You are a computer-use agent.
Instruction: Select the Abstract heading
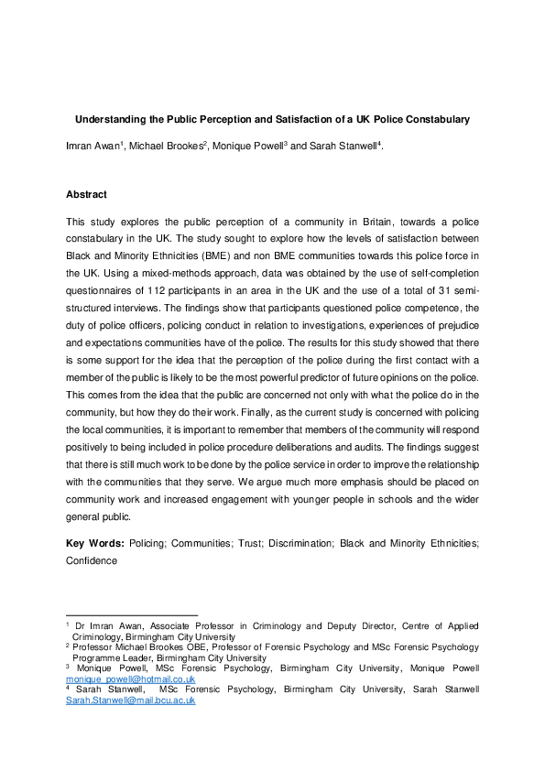86,194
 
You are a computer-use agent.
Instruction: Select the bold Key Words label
95,543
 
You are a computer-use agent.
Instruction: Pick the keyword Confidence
92,560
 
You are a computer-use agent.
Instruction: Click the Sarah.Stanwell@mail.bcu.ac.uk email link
130,700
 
